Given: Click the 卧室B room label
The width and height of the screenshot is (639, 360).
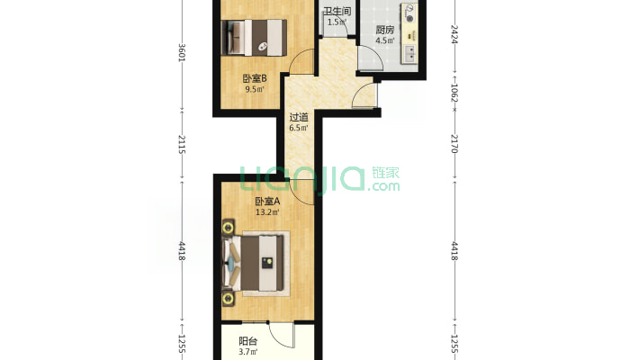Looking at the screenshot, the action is tap(255, 78).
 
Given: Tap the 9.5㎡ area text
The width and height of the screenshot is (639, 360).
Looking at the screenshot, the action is tap(255, 89).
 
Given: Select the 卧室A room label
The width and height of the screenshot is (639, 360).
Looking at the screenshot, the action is tap(267, 202).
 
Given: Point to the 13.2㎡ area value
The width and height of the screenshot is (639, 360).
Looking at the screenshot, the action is tap(267, 212).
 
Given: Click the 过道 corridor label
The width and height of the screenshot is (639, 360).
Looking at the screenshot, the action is tap(299, 117).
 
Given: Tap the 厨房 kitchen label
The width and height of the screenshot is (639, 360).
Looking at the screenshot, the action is tap(385, 30).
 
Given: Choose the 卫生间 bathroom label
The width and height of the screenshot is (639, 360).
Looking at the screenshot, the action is tap(337, 11).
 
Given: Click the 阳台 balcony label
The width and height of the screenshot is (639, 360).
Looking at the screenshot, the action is tap(247, 341).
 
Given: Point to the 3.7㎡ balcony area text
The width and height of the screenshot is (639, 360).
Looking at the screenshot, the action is tap(247, 352).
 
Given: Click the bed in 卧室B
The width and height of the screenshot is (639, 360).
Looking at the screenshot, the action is tap(254, 37).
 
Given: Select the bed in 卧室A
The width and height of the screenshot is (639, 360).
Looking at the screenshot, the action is tap(254, 263).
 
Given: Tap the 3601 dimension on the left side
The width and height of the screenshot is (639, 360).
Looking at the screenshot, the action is tap(182, 52).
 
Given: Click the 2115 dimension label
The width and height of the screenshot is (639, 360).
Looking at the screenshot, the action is tap(182, 145).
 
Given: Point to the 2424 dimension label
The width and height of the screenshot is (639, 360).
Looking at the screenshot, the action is tap(454, 34).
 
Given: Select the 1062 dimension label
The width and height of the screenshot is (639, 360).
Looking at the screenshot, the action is tap(454, 94).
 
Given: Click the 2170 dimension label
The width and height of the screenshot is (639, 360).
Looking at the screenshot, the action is tap(454, 143).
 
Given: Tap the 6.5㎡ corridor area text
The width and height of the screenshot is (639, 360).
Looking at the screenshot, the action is tap(299, 128).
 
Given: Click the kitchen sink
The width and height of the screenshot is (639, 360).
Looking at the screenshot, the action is tap(410, 54).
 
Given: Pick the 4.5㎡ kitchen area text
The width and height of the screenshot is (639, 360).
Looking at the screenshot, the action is tap(385, 40).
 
